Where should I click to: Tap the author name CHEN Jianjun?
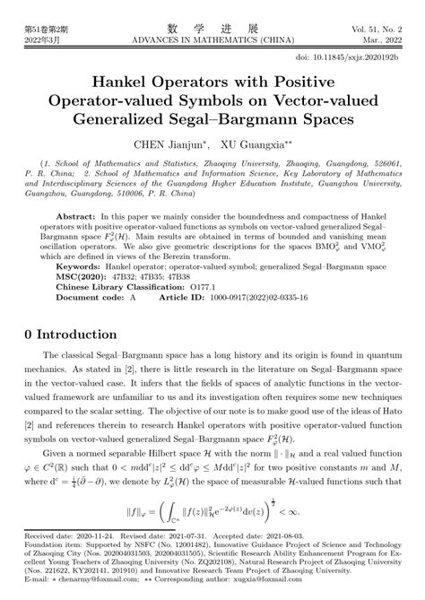pyautogui.click(x=165, y=143)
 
